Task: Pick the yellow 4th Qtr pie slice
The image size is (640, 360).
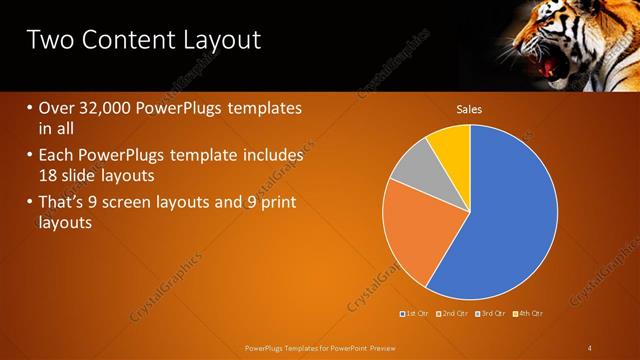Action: [x=451, y=148]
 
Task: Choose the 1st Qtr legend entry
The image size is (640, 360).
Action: [x=416, y=314]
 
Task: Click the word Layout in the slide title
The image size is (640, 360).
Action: [x=217, y=40]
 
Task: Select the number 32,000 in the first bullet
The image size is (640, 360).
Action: [x=103, y=108]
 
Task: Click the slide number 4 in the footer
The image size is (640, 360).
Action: [x=590, y=347]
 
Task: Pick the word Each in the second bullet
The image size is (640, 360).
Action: [x=56, y=156]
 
